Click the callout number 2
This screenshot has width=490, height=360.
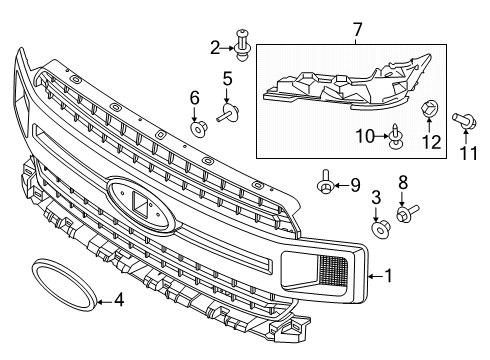[x=214, y=46]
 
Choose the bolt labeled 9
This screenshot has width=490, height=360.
[x=325, y=184]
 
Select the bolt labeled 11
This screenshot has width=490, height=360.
[x=465, y=121]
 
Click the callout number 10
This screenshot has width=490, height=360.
[x=366, y=134]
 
